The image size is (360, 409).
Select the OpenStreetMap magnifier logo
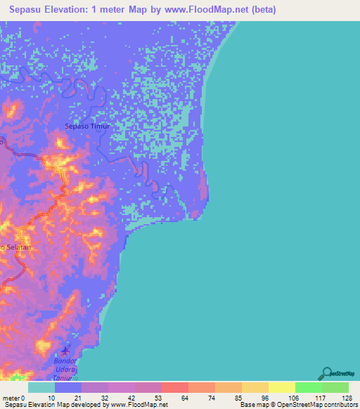click(x=326, y=374)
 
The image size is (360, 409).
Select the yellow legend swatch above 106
click(x=282, y=387)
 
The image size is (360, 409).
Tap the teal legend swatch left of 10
click(x=41, y=387)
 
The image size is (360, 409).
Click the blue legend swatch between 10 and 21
click(x=68, y=387)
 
